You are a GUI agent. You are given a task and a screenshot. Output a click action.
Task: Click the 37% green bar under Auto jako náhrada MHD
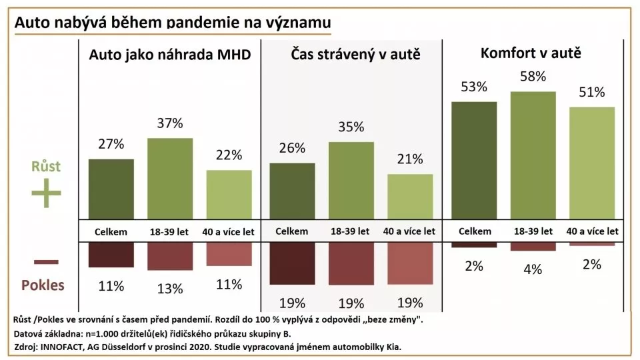tap(169, 179)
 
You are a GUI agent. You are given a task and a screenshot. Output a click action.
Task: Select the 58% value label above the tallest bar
tap(533, 77)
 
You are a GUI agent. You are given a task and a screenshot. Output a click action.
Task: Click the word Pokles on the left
tap(43, 285)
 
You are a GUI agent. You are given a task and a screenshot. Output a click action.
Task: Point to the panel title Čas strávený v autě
tap(355, 55)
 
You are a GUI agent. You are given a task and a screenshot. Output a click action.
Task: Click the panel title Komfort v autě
tap(531, 53)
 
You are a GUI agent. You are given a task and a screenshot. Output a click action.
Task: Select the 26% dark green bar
tap(292, 191)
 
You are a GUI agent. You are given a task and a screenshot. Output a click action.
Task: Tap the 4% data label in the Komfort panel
tap(533, 269)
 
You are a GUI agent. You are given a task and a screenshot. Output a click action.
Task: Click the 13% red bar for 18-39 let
tap(169, 256)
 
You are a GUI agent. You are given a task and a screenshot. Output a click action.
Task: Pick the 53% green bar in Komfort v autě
tap(474, 160)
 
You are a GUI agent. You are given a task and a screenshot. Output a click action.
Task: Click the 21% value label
tap(410, 159)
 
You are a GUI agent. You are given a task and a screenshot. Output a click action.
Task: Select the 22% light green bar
tap(229, 195)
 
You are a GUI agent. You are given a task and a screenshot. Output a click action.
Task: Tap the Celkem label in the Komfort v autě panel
tap(475, 231)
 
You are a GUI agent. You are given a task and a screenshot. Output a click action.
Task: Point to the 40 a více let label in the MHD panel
tap(229, 231)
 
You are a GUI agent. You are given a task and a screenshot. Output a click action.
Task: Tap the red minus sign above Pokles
tap(45, 261)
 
